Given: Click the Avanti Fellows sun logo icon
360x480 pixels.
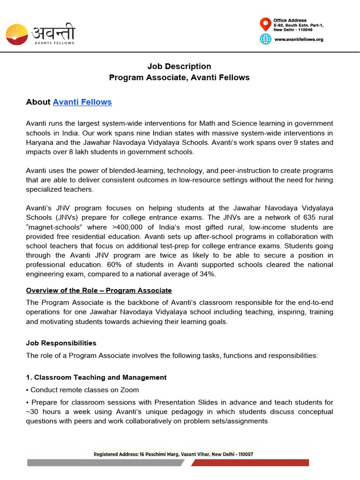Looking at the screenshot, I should (x=16, y=35).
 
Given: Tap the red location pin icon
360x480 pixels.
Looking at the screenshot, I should (x=265, y=23).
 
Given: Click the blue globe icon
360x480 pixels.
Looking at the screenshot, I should (x=266, y=39).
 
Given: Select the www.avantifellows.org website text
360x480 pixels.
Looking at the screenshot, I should (x=299, y=39).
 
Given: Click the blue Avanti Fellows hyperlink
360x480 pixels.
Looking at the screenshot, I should (x=82, y=102).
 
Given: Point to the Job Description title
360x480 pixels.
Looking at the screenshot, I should (x=180, y=66).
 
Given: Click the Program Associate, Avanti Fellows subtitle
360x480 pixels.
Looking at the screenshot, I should (x=180, y=77).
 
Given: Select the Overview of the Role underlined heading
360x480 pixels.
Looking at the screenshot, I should (x=99, y=291).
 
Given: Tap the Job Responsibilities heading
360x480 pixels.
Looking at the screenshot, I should (x=61, y=343).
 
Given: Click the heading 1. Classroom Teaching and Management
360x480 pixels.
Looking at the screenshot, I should (x=96, y=377).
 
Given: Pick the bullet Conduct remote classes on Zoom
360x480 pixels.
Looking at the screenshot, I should (x=84, y=390).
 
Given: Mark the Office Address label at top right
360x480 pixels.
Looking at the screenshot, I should (x=290, y=21).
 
